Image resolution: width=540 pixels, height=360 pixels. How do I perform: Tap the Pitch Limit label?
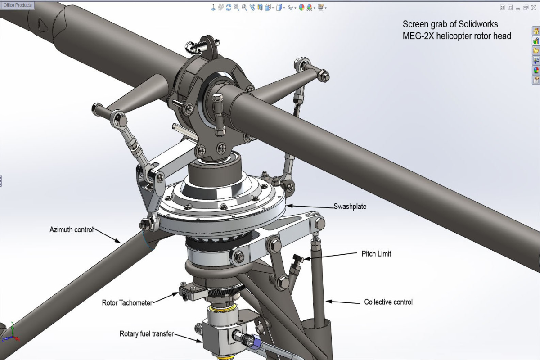[376, 254]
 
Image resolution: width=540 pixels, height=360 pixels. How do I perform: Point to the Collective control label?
[388, 302]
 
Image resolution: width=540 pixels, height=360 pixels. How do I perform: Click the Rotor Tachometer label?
[127, 302]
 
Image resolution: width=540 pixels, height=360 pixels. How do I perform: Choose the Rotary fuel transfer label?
[146, 334]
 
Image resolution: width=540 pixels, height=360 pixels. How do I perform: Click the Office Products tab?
[18, 5]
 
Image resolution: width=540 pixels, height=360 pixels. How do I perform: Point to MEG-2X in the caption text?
[419, 36]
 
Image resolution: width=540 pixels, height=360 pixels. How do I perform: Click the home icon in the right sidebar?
[535, 31]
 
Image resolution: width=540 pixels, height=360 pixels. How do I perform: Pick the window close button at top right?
[534, 8]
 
